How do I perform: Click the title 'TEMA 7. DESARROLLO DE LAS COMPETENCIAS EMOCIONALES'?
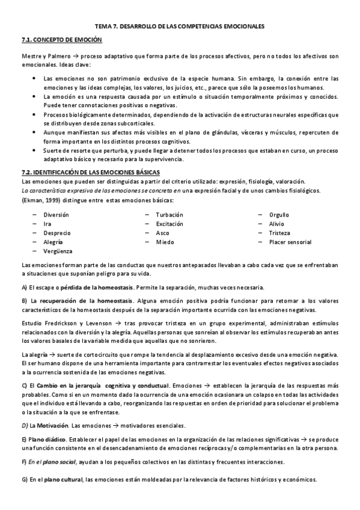pyautogui.click(x=180, y=26)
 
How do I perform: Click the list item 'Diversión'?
pyautogui.click(x=56, y=215)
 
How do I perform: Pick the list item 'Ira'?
pyautogui.click(x=47, y=224)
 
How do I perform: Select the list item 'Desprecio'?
pyautogui.click(x=56, y=233)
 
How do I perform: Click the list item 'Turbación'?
pyautogui.click(x=169, y=215)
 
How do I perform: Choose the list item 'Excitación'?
pyautogui.click(x=170, y=224)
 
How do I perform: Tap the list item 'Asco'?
pyautogui.click(x=162, y=233)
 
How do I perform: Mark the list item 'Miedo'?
pyautogui.click(x=165, y=242)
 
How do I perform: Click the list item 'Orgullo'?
pyautogui.click(x=279, y=215)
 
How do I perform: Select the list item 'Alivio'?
pyautogui.click(x=277, y=224)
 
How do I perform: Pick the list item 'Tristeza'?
pyautogui.click(x=279, y=233)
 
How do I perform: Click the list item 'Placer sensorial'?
pyautogui.click(x=290, y=242)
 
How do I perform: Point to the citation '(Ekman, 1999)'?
pyautogui.click(x=41, y=200)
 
